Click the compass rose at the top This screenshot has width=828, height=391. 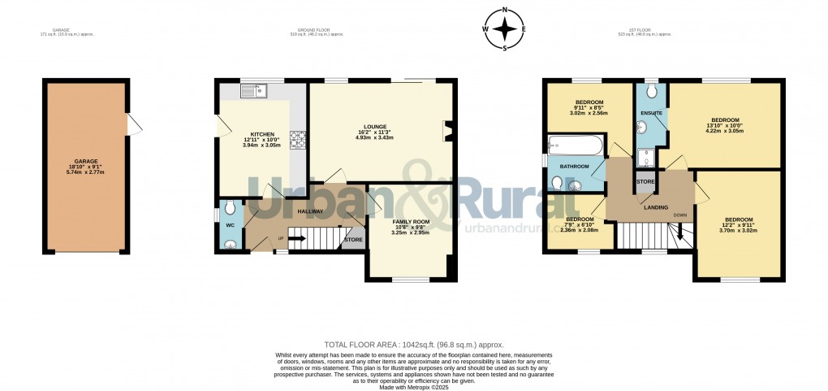505,29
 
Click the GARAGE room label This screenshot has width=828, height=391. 86,161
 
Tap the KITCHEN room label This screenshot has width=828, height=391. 261,134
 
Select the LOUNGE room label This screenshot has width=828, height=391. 374,126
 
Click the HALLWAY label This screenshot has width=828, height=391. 310,211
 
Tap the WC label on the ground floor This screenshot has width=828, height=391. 230,224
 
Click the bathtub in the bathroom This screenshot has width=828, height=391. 575,146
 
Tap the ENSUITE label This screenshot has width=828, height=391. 651,112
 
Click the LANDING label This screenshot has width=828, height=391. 655,207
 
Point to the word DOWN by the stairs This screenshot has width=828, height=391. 679,215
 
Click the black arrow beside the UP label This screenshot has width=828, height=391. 295,238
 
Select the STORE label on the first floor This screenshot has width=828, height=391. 645,181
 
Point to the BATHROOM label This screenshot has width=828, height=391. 573,167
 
